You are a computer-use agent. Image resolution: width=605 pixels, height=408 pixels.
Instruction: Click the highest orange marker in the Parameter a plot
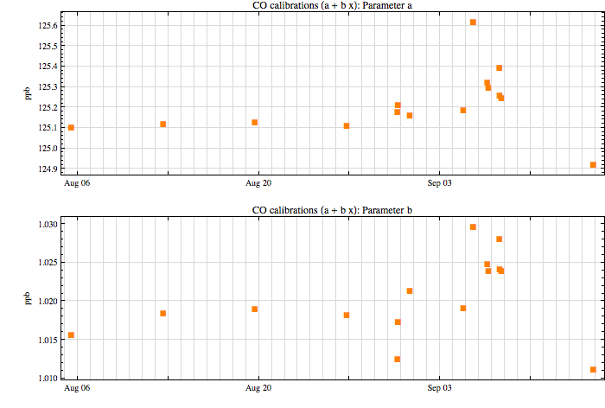click(x=473, y=22)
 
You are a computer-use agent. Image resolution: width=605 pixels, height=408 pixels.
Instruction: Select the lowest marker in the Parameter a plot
click(x=593, y=165)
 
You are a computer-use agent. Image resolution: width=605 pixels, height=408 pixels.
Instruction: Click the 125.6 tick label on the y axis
click(x=48, y=26)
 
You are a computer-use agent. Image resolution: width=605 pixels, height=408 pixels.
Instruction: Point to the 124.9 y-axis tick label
click(x=48, y=169)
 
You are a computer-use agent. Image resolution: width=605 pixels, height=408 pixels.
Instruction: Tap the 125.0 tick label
click(x=48, y=148)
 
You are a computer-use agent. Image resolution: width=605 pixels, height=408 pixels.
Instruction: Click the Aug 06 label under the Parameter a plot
click(x=77, y=183)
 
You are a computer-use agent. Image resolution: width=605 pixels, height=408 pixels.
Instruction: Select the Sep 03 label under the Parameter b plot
click(x=439, y=387)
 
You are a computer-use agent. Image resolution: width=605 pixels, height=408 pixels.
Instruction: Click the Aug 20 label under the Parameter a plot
click(x=258, y=183)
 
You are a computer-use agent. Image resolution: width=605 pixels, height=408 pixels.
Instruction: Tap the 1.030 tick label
click(x=48, y=224)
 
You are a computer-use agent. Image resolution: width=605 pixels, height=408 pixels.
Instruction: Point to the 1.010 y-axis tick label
click(x=48, y=378)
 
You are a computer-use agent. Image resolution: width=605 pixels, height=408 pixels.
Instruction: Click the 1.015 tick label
click(x=48, y=340)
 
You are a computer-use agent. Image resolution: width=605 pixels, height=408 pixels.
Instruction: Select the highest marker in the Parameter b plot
click(x=473, y=227)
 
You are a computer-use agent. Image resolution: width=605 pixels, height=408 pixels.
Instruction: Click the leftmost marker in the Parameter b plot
click(x=71, y=335)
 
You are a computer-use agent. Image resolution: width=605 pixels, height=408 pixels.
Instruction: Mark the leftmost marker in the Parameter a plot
click(x=71, y=128)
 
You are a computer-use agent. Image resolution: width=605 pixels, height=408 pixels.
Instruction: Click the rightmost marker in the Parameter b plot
click(x=593, y=370)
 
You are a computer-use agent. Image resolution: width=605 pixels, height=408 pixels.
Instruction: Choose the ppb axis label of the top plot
click(x=28, y=94)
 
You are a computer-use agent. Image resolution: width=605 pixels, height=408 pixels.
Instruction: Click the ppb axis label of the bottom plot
click(x=28, y=298)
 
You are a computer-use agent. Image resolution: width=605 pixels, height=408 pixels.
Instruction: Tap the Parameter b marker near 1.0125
click(x=398, y=360)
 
